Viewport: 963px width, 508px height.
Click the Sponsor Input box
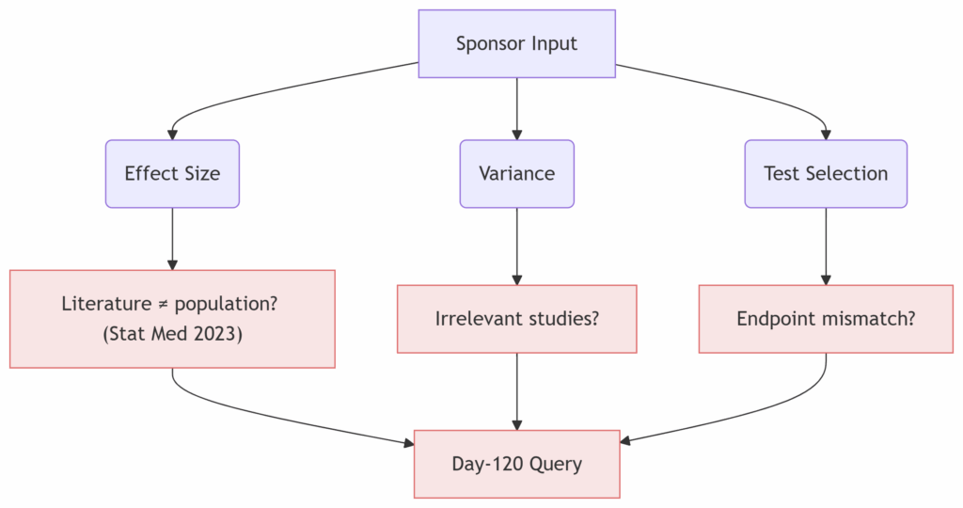tap(516, 43)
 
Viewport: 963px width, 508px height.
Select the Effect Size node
tap(173, 174)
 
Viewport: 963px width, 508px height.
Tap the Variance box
tap(516, 174)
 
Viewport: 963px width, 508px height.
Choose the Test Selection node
tap(826, 174)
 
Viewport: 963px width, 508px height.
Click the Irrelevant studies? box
tap(516, 319)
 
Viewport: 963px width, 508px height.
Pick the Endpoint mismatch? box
tap(826, 319)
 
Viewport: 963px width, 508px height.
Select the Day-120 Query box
tap(516, 464)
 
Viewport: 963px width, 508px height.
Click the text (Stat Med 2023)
tap(173, 334)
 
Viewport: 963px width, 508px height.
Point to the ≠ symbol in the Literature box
tap(163, 304)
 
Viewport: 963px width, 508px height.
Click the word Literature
tap(107, 304)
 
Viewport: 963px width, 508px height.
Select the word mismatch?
tap(862, 319)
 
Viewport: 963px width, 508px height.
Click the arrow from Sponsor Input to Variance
tap(516, 109)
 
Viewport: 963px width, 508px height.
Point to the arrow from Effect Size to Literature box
tap(173, 239)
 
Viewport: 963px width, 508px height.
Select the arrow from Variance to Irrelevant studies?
tap(516, 246)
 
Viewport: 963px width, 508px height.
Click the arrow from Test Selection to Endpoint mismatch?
tap(826, 246)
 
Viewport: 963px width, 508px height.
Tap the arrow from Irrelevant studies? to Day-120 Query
tap(516, 391)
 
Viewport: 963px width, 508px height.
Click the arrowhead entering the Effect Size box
tap(173, 135)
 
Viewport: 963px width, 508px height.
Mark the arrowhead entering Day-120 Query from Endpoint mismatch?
tap(625, 440)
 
